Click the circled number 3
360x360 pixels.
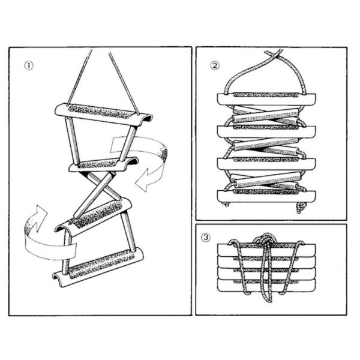(x=207, y=238)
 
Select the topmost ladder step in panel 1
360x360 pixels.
(x=102, y=112)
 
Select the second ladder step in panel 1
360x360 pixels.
(x=102, y=162)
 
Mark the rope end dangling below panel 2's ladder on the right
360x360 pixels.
(x=300, y=207)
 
